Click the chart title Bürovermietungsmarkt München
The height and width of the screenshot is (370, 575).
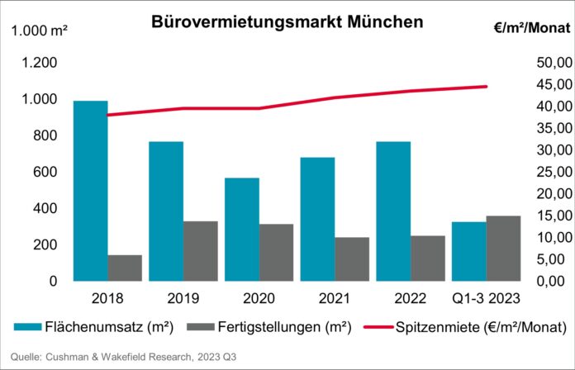click(x=287, y=22)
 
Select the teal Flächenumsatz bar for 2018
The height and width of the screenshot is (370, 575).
click(x=90, y=191)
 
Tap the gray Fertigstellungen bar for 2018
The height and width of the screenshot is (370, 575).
click(x=125, y=268)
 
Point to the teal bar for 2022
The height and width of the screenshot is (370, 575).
click(x=393, y=211)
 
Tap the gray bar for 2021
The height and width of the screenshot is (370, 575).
click(x=352, y=259)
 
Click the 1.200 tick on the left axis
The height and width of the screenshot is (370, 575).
click(x=39, y=63)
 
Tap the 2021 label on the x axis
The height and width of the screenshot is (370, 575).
click(x=335, y=296)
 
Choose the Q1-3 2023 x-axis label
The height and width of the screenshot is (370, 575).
click(x=487, y=296)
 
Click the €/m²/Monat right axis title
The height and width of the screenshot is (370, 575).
click(x=530, y=28)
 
